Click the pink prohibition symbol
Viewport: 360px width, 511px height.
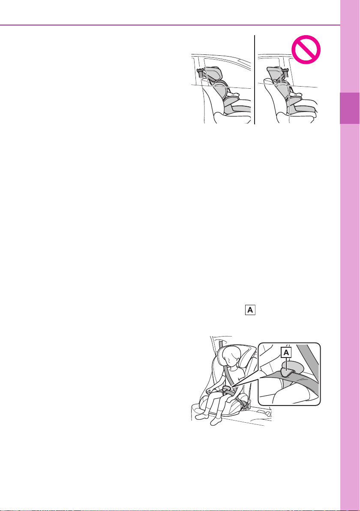point(306,49)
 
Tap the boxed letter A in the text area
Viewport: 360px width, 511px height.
point(250,310)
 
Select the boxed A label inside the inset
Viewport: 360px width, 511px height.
point(286,352)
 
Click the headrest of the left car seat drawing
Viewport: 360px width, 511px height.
point(212,73)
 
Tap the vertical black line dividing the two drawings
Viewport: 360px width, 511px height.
point(255,79)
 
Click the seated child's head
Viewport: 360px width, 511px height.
point(231,357)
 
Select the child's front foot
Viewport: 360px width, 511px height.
point(216,421)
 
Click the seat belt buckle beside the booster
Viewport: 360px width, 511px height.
point(246,406)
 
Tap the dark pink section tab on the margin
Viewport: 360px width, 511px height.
point(350,108)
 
